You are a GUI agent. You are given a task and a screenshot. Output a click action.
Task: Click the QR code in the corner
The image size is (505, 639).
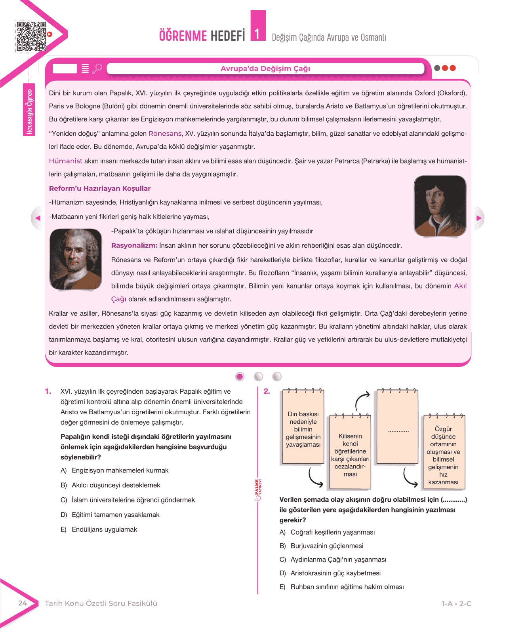[31, 36]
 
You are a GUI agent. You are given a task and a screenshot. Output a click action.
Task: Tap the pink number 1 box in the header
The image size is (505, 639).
[258, 27]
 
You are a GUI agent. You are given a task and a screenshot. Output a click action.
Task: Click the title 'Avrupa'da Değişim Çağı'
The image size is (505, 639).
[265, 68]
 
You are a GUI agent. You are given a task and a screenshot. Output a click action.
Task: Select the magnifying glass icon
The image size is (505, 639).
[97, 69]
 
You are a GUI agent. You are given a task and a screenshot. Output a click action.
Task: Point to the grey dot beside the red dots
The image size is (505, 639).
[437, 68]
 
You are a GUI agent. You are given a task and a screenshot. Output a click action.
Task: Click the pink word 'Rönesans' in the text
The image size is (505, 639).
[165, 134]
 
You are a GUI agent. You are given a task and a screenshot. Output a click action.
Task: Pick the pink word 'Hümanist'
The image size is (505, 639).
[66, 161]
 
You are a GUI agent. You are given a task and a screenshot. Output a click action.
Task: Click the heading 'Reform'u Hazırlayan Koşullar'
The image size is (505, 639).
[100, 188]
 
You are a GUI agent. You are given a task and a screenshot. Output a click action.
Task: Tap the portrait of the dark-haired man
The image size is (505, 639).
[440, 206]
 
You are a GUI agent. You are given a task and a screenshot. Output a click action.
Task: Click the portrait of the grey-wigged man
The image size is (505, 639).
[76, 259]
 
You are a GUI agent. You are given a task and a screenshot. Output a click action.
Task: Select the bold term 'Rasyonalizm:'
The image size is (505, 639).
[134, 245]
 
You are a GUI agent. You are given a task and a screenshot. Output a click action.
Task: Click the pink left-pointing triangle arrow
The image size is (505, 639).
[38, 218]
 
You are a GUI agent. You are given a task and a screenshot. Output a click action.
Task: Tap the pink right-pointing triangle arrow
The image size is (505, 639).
[479, 218]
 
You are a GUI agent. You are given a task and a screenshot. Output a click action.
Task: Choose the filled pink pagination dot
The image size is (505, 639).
[240, 376]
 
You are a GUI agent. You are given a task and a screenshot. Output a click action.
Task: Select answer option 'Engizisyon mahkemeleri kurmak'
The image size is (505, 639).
[120, 470]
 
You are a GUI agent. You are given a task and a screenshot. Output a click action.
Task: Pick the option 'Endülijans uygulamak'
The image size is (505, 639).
[104, 529]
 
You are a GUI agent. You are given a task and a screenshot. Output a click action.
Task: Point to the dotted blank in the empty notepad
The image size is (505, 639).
[398, 430]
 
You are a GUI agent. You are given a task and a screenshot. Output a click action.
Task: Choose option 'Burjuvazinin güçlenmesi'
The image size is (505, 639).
[327, 546]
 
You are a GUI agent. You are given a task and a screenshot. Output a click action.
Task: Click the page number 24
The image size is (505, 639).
[23, 603]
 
